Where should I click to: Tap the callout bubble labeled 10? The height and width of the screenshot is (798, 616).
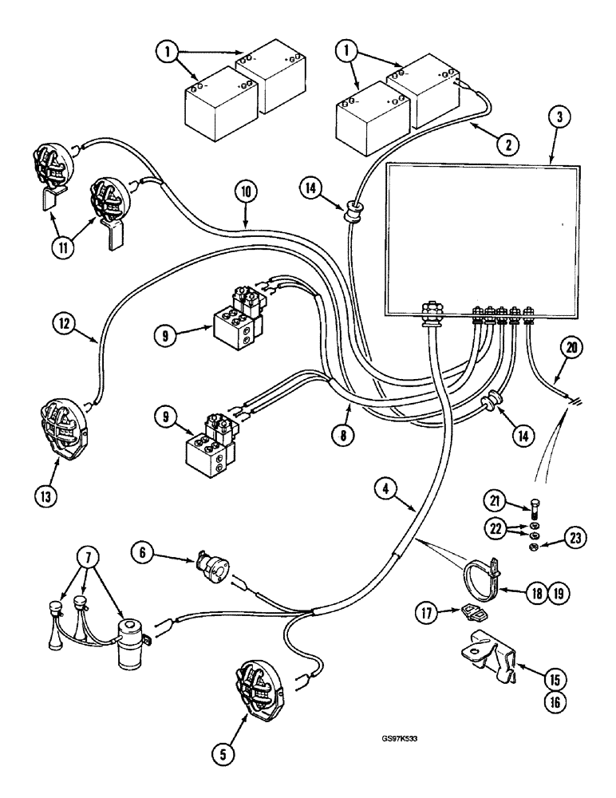245,192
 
